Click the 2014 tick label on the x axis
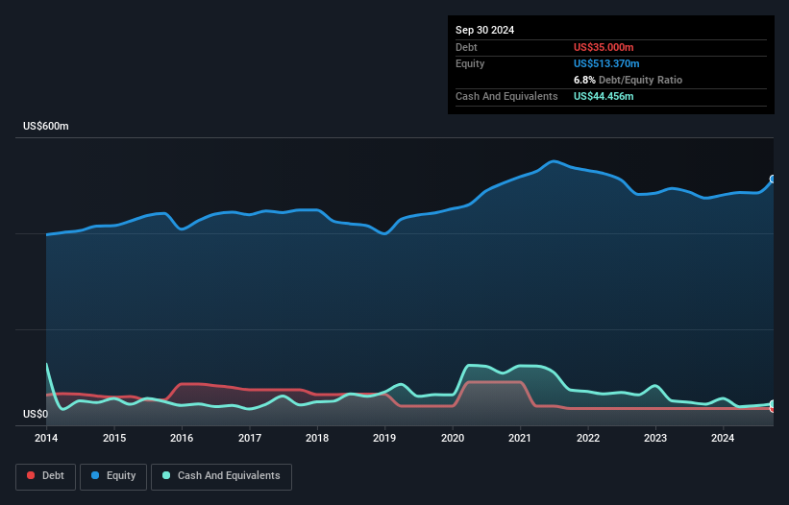46,439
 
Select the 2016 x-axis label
182,439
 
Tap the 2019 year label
384,439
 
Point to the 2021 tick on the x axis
520,439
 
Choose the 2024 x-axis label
724,439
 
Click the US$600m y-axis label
45,127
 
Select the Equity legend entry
113,475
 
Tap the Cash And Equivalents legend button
221,475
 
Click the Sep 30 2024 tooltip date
484,30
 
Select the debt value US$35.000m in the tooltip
604,47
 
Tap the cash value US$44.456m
604,96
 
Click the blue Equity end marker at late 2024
772,180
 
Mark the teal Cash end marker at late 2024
772,404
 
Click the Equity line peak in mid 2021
553,161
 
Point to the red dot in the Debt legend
31,475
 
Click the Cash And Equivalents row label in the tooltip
506,96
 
